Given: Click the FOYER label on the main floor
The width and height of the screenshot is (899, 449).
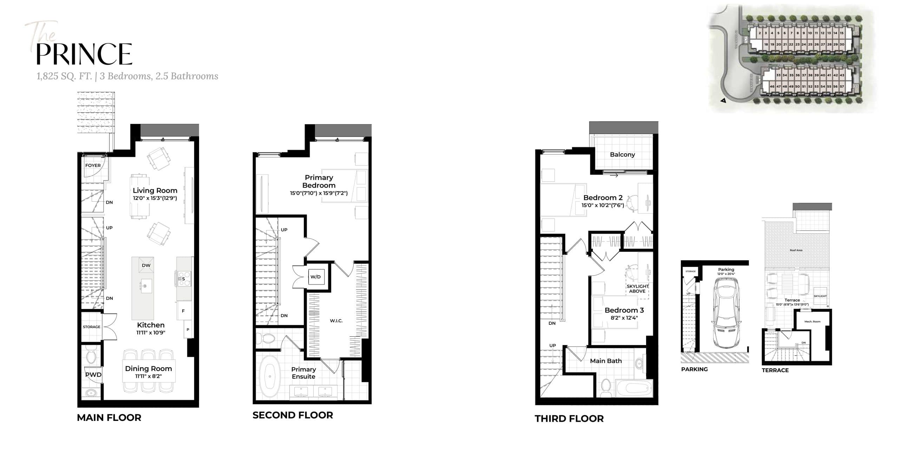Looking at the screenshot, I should [93, 166].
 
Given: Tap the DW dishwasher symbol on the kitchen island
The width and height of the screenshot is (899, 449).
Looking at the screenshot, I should [146, 266].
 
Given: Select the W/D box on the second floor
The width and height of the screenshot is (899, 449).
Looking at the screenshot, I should [315, 277].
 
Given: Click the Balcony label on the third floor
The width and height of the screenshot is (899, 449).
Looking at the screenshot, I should [622, 155].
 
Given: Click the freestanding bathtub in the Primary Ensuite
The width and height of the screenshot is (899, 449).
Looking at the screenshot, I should [270, 376].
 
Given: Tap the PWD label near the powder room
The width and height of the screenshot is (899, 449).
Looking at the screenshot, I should [93, 375].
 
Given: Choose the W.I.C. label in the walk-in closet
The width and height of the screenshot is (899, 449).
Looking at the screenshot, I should [336, 321].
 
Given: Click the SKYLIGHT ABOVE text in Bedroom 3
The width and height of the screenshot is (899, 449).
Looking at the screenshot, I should [637, 289].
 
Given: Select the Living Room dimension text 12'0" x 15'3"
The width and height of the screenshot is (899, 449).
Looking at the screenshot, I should [155, 198].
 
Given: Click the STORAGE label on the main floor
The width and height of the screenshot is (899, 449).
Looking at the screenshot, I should [91, 327].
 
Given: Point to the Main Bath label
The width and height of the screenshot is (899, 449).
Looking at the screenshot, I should [606, 361].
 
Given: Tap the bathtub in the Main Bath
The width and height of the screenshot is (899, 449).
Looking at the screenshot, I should [632, 388].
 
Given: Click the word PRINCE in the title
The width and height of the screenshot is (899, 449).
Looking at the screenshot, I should [84, 54].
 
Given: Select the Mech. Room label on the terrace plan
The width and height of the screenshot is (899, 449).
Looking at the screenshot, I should [812, 322].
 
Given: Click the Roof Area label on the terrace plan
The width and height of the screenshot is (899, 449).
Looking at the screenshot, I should [796, 250].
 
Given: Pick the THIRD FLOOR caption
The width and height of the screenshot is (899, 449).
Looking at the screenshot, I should [569, 418].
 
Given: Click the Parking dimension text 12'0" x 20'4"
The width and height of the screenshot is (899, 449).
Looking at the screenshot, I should [726, 274].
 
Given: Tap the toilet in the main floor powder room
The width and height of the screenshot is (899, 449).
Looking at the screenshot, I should [91, 357].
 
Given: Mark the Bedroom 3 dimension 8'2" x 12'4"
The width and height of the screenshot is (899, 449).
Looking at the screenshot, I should [624, 318].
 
